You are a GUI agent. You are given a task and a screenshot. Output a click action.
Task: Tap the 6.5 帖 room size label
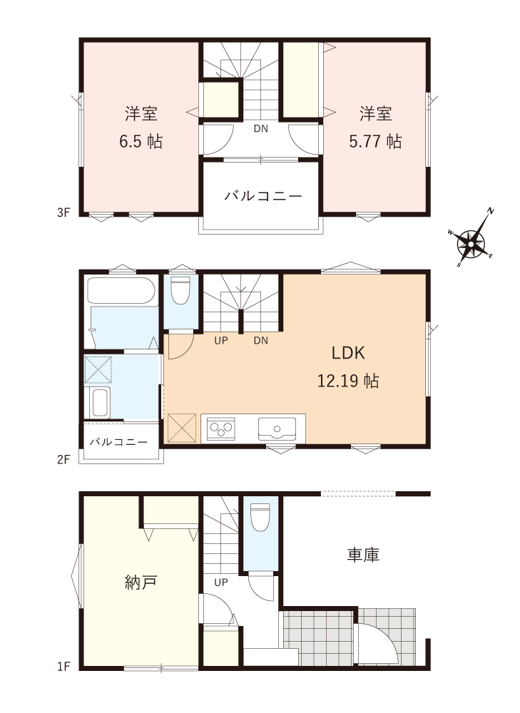(141, 141)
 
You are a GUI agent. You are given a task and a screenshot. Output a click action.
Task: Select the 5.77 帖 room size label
(375, 141)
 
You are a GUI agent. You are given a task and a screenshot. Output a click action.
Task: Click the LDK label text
(348, 352)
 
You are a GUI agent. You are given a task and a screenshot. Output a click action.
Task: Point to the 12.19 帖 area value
(348, 381)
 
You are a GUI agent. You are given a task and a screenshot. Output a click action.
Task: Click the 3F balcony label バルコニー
(263, 195)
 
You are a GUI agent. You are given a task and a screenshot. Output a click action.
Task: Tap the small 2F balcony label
(118, 442)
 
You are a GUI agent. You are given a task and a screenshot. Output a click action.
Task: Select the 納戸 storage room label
(141, 582)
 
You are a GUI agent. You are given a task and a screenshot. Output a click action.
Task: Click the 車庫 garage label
(363, 554)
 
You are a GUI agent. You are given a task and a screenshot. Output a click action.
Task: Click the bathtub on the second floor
(121, 292)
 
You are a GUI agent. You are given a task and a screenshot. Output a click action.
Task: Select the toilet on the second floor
(181, 292)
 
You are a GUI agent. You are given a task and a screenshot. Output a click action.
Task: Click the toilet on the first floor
(260, 517)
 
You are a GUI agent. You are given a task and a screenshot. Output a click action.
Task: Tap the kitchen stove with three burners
(221, 429)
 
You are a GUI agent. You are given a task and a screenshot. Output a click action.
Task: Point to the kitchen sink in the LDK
(277, 428)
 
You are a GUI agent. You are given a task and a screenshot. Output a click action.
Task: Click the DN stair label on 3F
(260, 129)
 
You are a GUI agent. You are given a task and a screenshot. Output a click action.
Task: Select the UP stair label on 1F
(221, 582)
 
